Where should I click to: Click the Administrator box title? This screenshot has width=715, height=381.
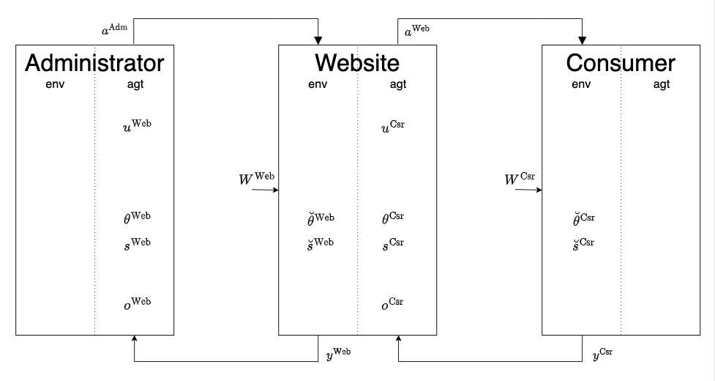point(94,63)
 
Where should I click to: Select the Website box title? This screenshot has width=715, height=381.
point(357,63)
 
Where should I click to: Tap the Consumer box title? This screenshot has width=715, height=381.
point(621,63)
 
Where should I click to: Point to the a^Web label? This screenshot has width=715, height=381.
point(416,31)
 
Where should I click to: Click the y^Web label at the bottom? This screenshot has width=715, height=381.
point(337,353)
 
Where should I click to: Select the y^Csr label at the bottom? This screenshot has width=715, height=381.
point(602,354)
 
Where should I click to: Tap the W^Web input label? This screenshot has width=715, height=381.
point(256,178)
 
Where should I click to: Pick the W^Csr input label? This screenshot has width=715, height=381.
point(522,178)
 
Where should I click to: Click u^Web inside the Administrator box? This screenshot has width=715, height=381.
point(137,125)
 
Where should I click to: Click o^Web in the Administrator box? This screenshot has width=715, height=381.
point(137,303)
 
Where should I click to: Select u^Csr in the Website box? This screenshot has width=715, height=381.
point(392,127)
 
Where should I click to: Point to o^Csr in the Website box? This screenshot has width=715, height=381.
point(392,303)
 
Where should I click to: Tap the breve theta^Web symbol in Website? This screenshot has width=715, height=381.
point(321,218)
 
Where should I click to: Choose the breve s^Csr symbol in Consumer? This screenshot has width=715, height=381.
point(583,243)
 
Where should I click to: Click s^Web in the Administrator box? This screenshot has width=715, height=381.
point(137,243)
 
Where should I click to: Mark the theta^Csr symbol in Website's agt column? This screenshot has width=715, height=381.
point(392,218)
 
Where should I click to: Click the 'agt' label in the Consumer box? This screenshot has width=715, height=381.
point(661,84)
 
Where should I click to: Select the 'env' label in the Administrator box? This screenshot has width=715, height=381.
point(55,84)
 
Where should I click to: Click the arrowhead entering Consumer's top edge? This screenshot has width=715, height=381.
point(583,40)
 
